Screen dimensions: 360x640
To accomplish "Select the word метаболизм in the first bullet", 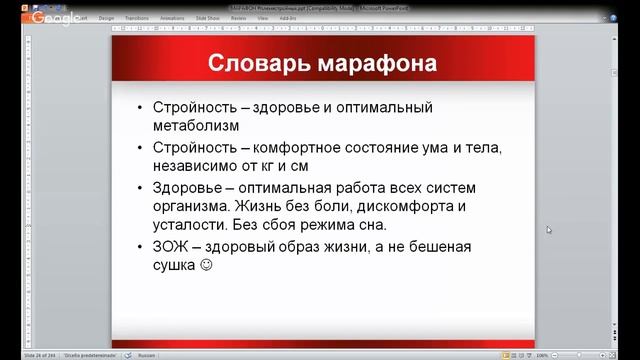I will click(x=197, y=126).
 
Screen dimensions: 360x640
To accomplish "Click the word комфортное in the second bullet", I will click(x=296, y=147).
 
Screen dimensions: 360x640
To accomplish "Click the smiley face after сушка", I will click(x=207, y=267).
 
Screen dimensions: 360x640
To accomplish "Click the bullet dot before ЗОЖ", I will click(x=141, y=247).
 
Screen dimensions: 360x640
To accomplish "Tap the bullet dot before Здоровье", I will click(x=141, y=187).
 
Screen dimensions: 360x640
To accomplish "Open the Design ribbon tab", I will click(x=105, y=17).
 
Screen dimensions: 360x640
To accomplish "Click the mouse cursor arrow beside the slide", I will click(x=549, y=230).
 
